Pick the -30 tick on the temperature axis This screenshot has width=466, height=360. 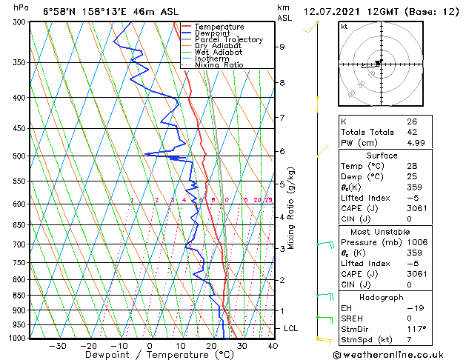[x=58, y=346]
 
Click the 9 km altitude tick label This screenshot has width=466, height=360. [x=282, y=47]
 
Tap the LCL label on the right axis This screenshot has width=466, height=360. [x=292, y=328]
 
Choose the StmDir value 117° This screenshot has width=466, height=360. [x=416, y=328]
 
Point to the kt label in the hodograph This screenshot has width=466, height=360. [x=344, y=27]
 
